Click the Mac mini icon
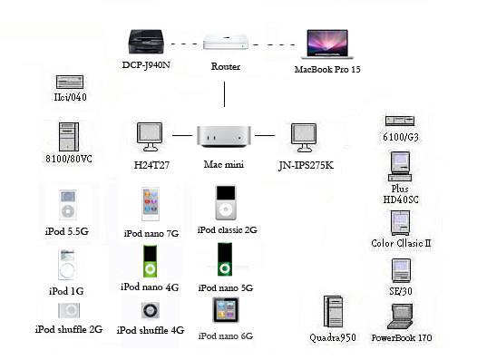(224, 135)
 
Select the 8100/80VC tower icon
(69, 135)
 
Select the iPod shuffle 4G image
(151, 310)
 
